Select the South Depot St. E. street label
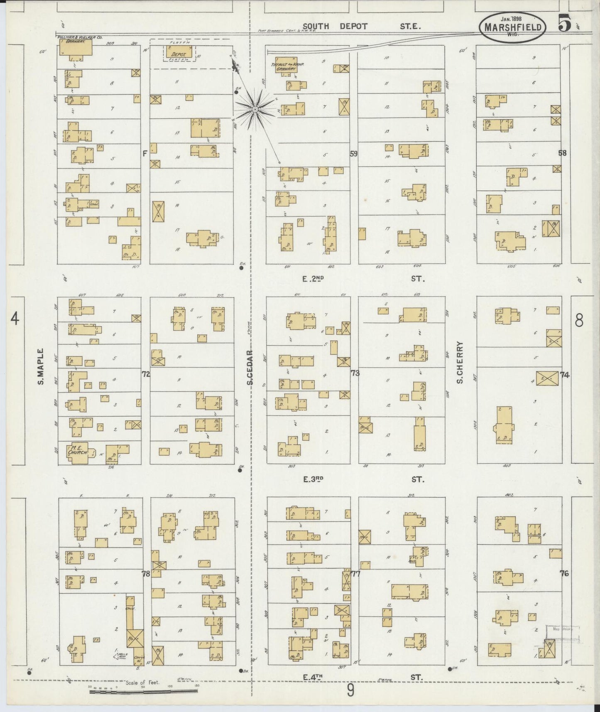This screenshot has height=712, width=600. (361, 26)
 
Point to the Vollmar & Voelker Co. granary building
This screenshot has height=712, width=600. (75, 48)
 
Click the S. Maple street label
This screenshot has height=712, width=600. (41, 369)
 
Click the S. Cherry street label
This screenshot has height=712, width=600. (460, 362)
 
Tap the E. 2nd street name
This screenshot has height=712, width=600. (313, 279)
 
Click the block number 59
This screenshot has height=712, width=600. (353, 153)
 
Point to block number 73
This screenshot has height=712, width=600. (355, 373)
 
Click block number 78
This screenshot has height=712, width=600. (146, 574)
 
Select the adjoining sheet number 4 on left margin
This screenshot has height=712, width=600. (15, 319)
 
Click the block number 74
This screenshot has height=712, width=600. (564, 375)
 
